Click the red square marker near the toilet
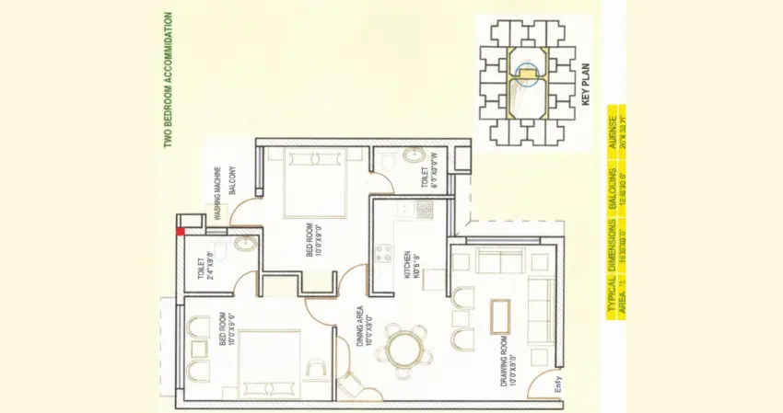pos(181,231)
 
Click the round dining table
pos(403,350)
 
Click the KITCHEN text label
pos(405,263)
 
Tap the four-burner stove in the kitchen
pos(423,210)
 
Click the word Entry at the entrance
pos(556,386)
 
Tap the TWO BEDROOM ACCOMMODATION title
pos(167,80)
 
